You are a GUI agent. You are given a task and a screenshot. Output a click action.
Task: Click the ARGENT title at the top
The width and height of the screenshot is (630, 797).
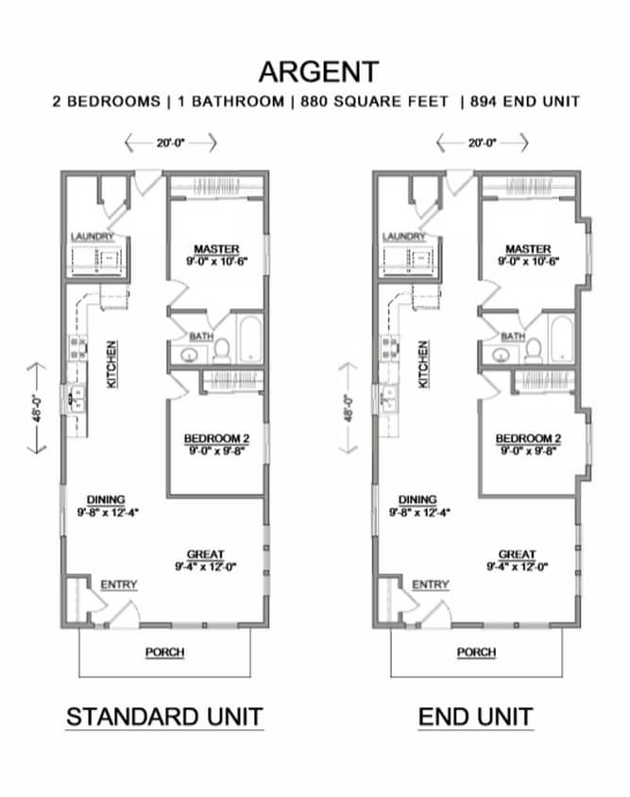(318, 72)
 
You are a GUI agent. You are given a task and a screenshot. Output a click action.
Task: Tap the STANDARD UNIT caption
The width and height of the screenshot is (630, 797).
(163, 717)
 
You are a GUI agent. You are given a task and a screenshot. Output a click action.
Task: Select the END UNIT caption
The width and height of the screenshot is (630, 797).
(475, 717)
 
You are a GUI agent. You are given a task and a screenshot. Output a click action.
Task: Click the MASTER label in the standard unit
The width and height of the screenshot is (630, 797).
(216, 248)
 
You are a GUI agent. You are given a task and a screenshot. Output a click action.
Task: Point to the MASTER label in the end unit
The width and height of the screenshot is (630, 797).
(527, 248)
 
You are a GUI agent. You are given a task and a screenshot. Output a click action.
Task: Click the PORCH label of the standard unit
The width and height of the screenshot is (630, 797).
(164, 652)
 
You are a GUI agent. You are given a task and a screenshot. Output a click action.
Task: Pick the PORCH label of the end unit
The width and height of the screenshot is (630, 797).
(476, 652)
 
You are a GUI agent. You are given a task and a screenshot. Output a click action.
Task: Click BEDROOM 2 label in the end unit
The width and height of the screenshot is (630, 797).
(528, 438)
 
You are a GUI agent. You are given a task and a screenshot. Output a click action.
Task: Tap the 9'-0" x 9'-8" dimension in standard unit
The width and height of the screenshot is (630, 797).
(216, 450)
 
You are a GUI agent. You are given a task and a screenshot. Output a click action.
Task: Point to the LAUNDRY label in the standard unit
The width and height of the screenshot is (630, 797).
(93, 236)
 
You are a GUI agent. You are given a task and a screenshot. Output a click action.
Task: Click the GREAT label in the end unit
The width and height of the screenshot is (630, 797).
(517, 554)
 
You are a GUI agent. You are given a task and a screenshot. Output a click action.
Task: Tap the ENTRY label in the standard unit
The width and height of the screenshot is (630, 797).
(118, 585)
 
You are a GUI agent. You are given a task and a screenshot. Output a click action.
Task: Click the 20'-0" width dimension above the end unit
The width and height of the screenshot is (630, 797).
(482, 143)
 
